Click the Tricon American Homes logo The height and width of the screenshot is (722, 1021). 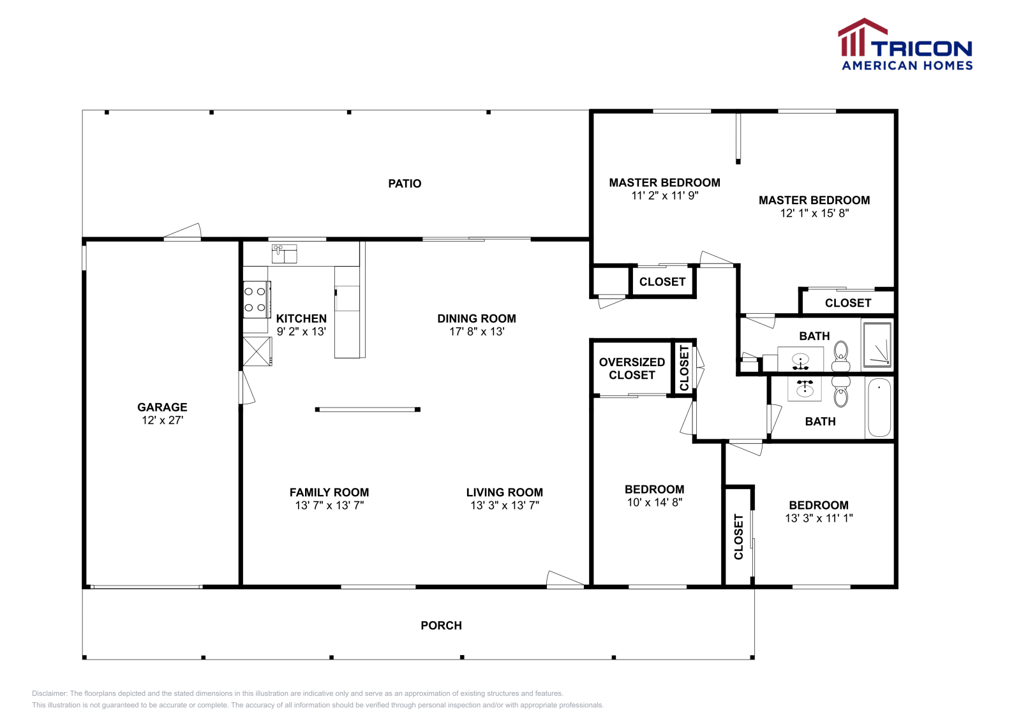click(905, 44)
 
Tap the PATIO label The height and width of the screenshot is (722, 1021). click(405, 184)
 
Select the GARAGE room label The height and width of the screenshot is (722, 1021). click(162, 407)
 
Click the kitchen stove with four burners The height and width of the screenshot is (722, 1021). click(257, 299)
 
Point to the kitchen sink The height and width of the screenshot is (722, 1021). click(285, 254)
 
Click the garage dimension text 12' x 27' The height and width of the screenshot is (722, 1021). click(162, 420)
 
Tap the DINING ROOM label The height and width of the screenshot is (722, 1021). click(477, 318)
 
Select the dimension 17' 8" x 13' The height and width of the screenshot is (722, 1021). click(477, 332)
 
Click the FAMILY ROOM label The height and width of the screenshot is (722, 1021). click(329, 492)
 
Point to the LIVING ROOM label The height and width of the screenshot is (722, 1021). click(505, 492)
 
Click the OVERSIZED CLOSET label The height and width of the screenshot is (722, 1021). click(632, 369)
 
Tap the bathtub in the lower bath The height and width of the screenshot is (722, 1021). click(879, 407)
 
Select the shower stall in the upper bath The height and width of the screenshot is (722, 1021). click(877, 344)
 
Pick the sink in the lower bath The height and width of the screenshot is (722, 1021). click(805, 388)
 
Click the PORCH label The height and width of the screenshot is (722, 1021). click(441, 626)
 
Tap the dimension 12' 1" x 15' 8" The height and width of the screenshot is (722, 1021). click(814, 213)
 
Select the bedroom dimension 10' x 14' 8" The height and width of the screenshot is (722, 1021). click(655, 503)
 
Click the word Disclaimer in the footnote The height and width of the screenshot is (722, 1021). click(49, 693)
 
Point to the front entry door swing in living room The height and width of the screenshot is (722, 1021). click(565, 579)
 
